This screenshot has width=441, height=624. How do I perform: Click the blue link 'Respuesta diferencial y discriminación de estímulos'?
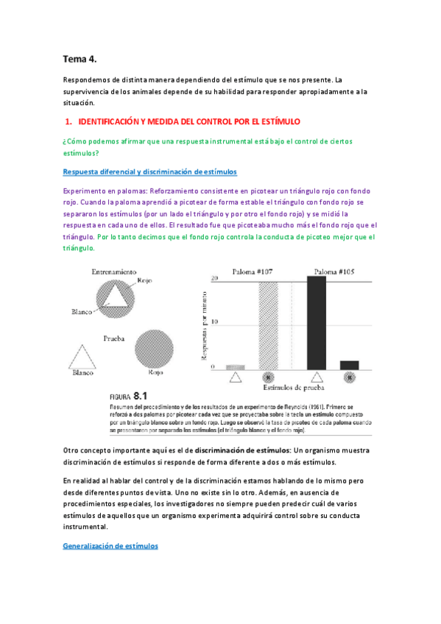[x=149, y=171]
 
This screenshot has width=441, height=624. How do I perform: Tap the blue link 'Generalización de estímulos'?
[x=110, y=547]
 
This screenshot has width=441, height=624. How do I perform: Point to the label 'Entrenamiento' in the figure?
[x=113, y=272]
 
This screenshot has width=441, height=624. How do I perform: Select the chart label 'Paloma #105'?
[x=334, y=271]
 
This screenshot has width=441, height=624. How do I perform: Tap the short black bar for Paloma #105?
[x=349, y=364]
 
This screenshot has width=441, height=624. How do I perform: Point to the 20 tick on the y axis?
[x=214, y=278]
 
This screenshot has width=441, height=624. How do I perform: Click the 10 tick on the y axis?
[x=214, y=322]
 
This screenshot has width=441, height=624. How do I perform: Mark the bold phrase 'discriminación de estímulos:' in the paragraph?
[x=241, y=450]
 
